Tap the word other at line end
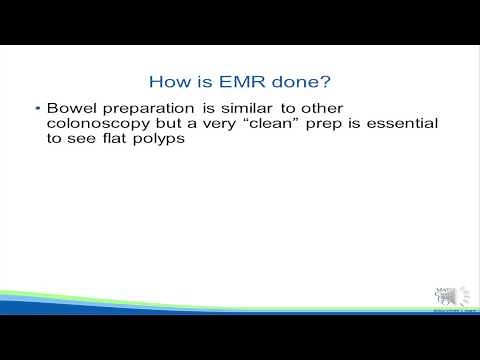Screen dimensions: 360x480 click(320, 107)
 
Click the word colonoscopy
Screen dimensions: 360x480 click(98, 124)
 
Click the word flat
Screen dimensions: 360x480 click(125, 141)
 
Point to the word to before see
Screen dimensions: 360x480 click(56, 141)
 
